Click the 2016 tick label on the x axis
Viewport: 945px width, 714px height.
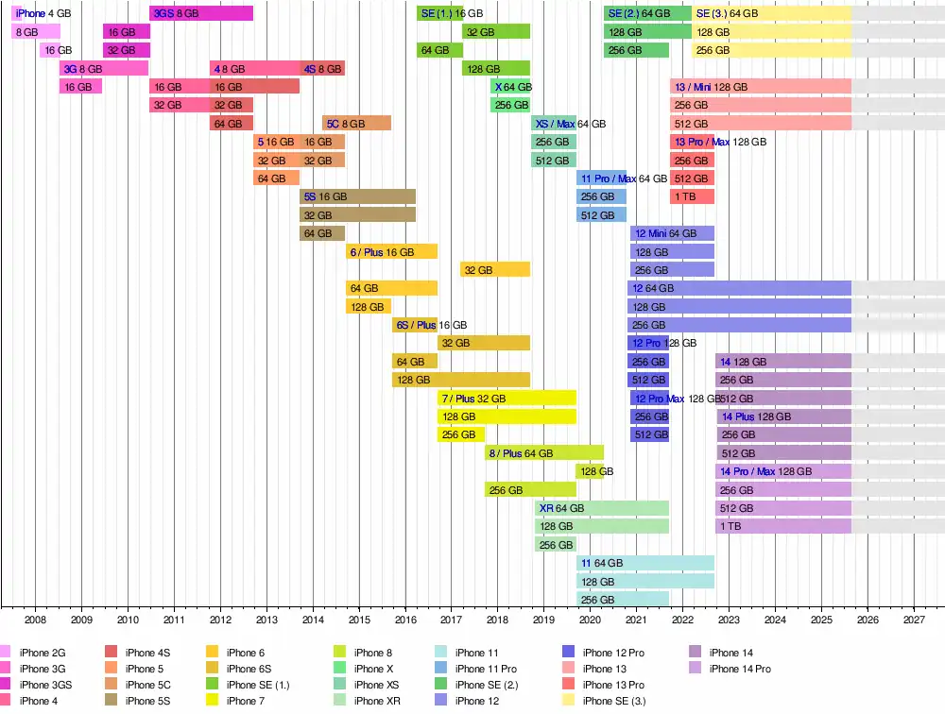tap(404, 620)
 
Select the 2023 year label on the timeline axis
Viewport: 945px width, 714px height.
tap(729, 620)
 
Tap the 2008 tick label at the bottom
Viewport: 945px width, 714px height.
tap(35, 620)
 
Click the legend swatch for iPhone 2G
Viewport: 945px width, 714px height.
tap(5, 653)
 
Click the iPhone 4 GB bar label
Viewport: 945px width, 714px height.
tap(43, 13)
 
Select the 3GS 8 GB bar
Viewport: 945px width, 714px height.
tap(201, 13)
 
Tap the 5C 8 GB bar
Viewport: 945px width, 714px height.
tap(356, 123)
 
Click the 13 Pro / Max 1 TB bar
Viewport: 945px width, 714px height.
tap(692, 196)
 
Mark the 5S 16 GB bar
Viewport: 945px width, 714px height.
tap(358, 196)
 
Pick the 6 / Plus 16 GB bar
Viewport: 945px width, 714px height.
tap(391, 251)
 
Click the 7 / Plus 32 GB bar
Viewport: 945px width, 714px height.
tap(507, 398)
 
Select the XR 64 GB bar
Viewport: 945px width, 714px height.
tap(602, 508)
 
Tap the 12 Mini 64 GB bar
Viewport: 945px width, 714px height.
tap(672, 233)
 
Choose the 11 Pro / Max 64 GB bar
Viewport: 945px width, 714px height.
tap(601, 178)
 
